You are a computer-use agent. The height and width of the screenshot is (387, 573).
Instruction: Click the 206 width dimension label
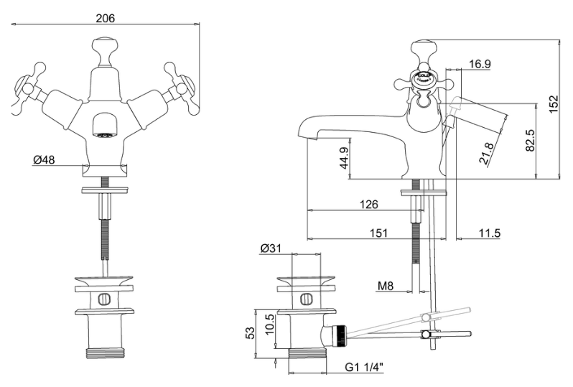pos(106,18)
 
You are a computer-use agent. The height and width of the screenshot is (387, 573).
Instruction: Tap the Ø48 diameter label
pos(44,159)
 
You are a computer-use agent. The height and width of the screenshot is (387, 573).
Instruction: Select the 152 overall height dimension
pos(554,104)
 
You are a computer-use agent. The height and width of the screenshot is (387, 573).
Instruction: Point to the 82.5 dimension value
pos(530,140)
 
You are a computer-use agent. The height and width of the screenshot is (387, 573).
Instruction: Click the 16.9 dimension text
pos(480,64)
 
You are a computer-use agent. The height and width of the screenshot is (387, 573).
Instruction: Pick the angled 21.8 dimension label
pos(486,154)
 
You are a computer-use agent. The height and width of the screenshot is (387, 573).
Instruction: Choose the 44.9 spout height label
pos(345,158)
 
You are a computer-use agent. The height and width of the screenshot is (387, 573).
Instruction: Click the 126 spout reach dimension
pos(369,205)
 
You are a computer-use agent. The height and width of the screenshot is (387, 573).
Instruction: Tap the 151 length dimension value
pos(378,233)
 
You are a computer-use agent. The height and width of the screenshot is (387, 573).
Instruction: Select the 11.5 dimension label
pos(490,233)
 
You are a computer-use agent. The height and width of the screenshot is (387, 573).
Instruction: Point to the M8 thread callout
pos(385,286)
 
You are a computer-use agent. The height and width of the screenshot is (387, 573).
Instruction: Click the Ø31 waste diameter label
pos(271,248)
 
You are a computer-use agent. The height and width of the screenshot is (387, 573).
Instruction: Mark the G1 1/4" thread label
pos(364,367)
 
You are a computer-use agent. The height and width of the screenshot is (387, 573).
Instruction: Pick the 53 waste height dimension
pos(250,332)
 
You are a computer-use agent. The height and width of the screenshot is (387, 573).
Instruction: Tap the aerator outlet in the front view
pos(105,127)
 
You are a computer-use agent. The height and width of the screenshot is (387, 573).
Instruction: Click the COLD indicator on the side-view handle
pos(422,78)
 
